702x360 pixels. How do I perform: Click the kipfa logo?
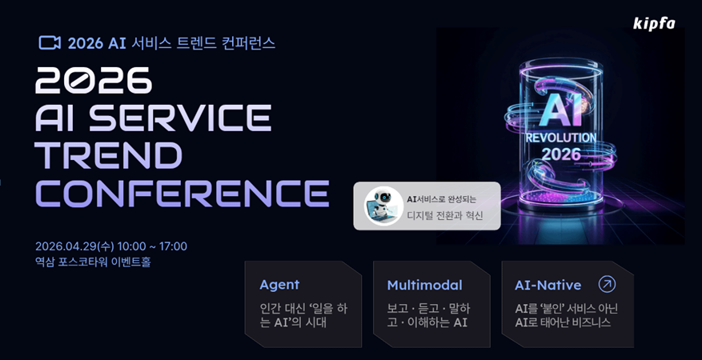pos(654,24)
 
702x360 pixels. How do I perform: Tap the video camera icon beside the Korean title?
pos(50,43)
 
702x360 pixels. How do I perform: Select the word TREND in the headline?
pos(108,155)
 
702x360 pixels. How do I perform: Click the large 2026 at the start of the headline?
pos(94,81)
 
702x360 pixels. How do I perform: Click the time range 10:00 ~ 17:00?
pos(152,246)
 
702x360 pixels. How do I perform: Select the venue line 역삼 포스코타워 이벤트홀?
pos(93,262)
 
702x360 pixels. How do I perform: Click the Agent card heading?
pos(279,285)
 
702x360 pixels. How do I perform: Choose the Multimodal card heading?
pos(424,286)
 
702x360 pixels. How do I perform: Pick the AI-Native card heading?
pos(548,286)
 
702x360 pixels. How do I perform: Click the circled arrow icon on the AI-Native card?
pos(607,284)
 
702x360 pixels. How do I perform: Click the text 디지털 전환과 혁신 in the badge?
pos(445,215)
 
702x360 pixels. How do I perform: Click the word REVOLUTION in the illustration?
pos(560,138)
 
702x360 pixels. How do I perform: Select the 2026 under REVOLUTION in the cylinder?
pos(560,154)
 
